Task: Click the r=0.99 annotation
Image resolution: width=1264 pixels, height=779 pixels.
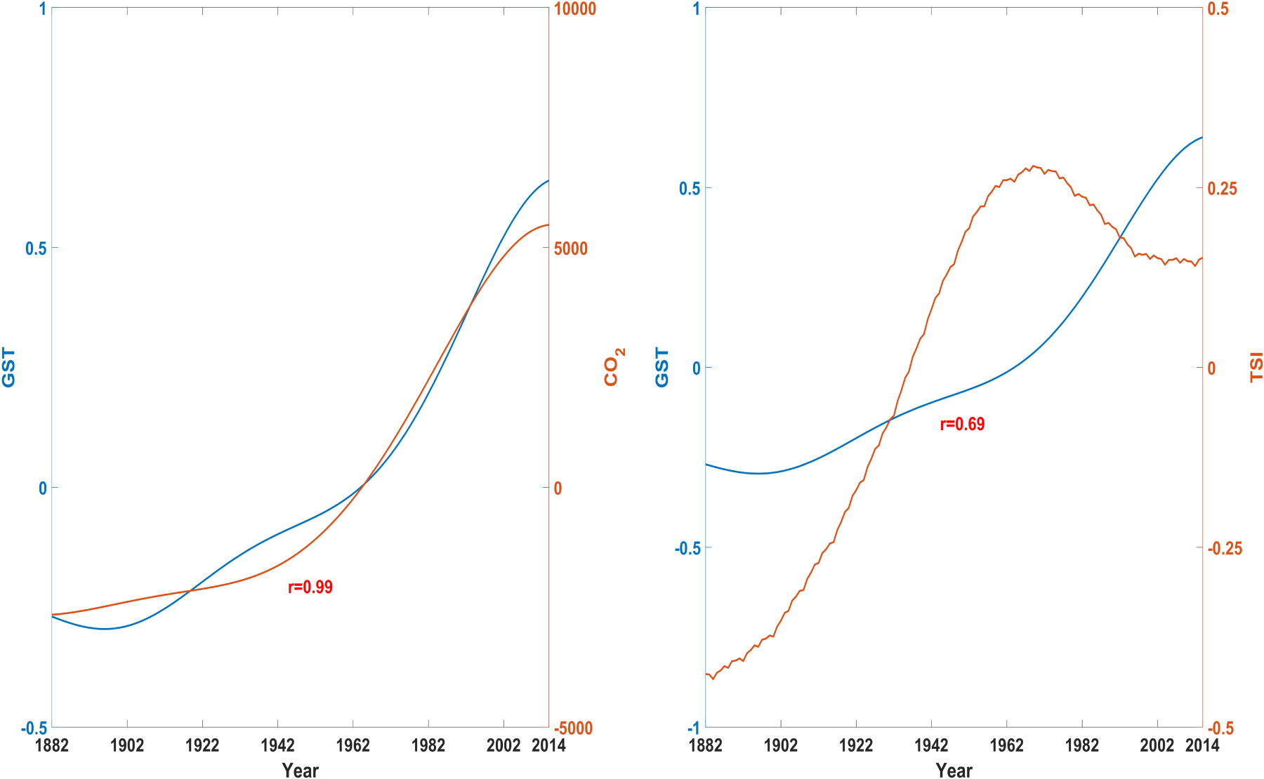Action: pyautogui.click(x=310, y=587)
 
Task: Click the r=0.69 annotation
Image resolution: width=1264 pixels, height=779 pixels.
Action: pyautogui.click(x=962, y=424)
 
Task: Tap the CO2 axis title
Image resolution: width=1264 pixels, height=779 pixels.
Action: pyautogui.click(x=612, y=366)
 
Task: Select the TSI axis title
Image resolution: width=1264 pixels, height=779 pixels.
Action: pyautogui.click(x=1256, y=368)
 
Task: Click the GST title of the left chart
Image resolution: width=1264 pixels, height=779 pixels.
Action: pyautogui.click(x=8, y=367)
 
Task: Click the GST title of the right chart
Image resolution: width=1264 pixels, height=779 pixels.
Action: pyautogui.click(x=661, y=367)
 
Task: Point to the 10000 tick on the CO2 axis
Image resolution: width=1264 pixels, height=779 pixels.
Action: pyautogui.click(x=575, y=9)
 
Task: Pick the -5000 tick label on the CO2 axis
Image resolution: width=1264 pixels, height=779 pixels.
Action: pyautogui.click(x=573, y=728)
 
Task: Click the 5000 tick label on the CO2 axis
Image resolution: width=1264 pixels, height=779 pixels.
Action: pyautogui.click(x=571, y=248)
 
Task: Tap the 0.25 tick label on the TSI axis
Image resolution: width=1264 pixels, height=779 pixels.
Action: pyautogui.click(x=1223, y=189)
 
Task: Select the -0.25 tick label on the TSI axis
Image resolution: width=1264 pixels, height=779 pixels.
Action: pyautogui.click(x=1225, y=549)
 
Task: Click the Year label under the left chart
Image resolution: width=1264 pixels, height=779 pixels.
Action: pyautogui.click(x=300, y=770)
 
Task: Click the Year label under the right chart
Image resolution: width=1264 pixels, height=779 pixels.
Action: pyautogui.click(x=954, y=770)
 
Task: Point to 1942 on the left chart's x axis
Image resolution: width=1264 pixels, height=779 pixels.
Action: pyautogui.click(x=277, y=745)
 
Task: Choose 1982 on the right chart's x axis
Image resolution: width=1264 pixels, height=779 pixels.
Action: pyautogui.click(x=1082, y=745)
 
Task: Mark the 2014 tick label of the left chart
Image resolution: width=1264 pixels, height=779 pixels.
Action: pyautogui.click(x=548, y=745)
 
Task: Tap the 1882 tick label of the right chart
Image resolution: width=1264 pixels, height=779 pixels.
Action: pyautogui.click(x=706, y=745)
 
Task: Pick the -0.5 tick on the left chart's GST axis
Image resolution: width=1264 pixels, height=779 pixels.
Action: pyautogui.click(x=35, y=728)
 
